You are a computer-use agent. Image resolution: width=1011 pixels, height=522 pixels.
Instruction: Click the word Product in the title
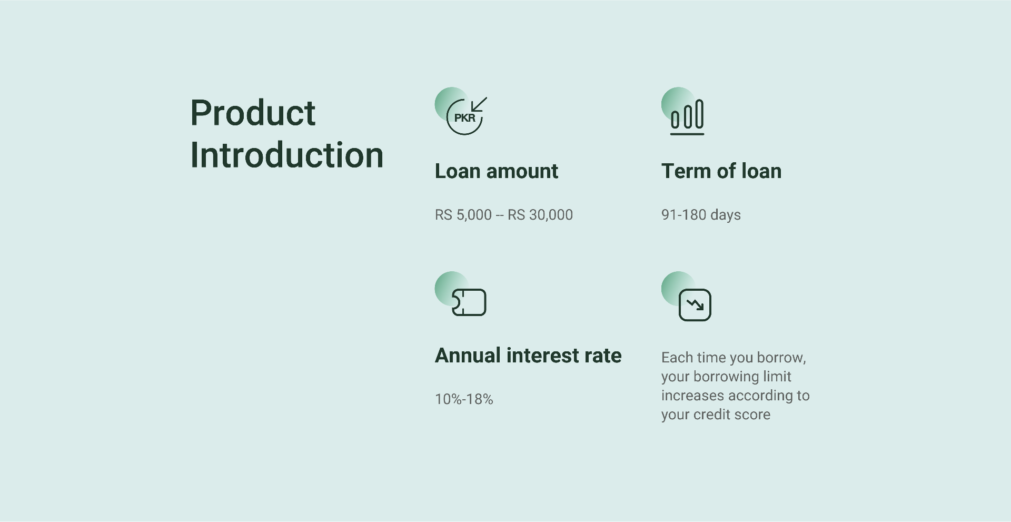pyautogui.click(x=253, y=113)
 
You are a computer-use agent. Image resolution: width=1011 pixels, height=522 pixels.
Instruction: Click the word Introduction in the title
pyautogui.click(x=287, y=155)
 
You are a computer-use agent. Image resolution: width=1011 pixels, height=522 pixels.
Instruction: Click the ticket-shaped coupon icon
pyautogui.click(x=469, y=302)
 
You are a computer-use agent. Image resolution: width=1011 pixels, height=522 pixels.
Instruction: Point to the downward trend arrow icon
pyautogui.click(x=695, y=305)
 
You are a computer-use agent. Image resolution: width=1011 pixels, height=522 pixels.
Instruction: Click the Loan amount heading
pyautogui.click(x=497, y=171)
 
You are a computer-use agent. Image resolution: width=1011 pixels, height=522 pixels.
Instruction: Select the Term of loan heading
pyautogui.click(x=721, y=171)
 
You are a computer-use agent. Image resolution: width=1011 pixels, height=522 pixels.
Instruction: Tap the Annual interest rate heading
pyautogui.click(x=528, y=356)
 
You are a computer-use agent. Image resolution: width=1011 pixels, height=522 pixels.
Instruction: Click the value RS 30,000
pyautogui.click(x=540, y=215)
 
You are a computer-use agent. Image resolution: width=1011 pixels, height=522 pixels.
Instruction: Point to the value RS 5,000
pyautogui.click(x=463, y=215)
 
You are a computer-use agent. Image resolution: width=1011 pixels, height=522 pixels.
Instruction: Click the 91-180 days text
pyautogui.click(x=701, y=215)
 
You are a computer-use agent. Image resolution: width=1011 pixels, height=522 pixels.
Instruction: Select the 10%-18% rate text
pyautogui.click(x=464, y=399)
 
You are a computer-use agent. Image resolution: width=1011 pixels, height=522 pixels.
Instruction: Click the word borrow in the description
pyautogui.click(x=781, y=358)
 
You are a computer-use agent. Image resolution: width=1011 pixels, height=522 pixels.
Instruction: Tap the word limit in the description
pyautogui.click(x=777, y=377)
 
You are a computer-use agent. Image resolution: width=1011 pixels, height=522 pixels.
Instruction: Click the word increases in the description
pyautogui.click(x=693, y=396)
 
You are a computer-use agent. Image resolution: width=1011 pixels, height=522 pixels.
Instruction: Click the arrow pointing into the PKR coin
pyautogui.click(x=479, y=104)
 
